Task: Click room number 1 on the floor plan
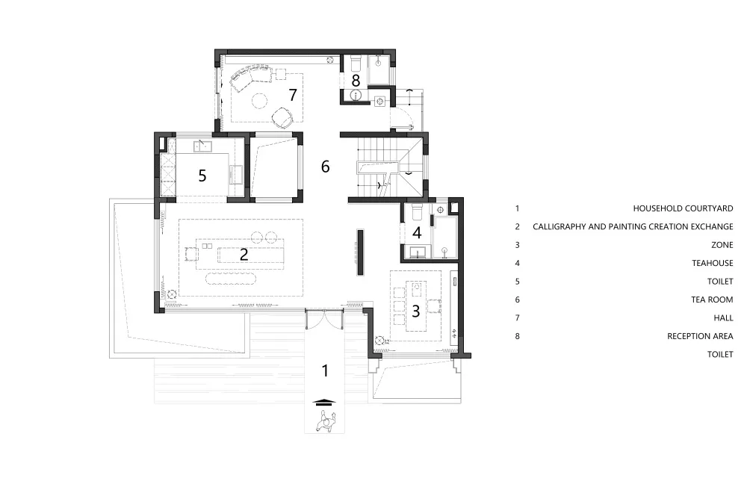click(326, 370)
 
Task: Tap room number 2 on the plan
click(244, 254)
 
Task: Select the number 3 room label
click(416, 311)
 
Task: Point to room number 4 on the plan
click(417, 233)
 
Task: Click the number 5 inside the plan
click(202, 176)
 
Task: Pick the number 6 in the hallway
click(326, 166)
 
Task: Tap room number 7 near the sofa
click(293, 95)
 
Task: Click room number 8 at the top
click(356, 81)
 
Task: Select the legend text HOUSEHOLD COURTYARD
click(684, 208)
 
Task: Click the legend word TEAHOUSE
click(713, 263)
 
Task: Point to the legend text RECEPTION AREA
click(701, 336)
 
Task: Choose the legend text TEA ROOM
click(712, 300)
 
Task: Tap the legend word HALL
click(724, 317)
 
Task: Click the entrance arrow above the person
click(324, 402)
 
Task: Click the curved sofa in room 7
click(250, 77)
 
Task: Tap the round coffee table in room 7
click(260, 101)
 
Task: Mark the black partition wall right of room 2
click(361, 252)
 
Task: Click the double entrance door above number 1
click(324, 317)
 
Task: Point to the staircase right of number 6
click(390, 166)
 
